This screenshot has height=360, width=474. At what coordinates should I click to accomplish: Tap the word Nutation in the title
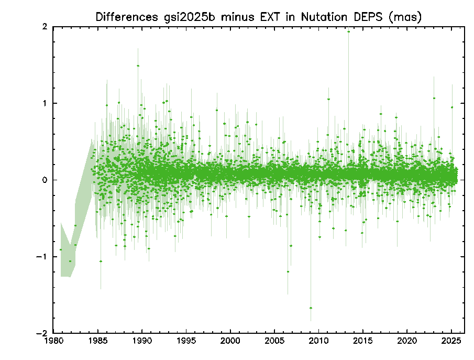coord(321,17)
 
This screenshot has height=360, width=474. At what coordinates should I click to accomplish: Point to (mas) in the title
coord(405,17)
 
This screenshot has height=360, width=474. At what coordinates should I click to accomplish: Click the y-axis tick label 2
coord(46,27)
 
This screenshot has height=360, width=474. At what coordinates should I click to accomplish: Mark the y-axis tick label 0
coord(46,180)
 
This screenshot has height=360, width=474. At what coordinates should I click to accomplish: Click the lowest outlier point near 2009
coord(311,308)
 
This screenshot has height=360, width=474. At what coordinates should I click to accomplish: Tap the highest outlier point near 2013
coord(348,31)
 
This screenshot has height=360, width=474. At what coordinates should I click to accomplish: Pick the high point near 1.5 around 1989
coord(138,66)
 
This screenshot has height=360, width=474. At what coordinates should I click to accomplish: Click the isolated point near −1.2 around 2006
coord(288,271)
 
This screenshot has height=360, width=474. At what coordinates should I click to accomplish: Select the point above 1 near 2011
coord(328,99)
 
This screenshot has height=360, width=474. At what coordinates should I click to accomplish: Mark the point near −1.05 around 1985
coord(101,261)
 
